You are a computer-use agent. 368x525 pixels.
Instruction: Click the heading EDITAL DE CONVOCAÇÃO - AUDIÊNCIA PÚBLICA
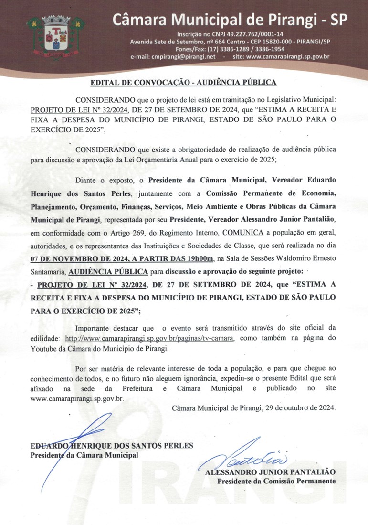tap(184, 83)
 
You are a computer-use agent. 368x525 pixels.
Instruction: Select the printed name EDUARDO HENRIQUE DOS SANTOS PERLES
tap(112, 446)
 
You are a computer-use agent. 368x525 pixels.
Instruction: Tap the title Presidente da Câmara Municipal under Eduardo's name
tap(84, 455)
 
